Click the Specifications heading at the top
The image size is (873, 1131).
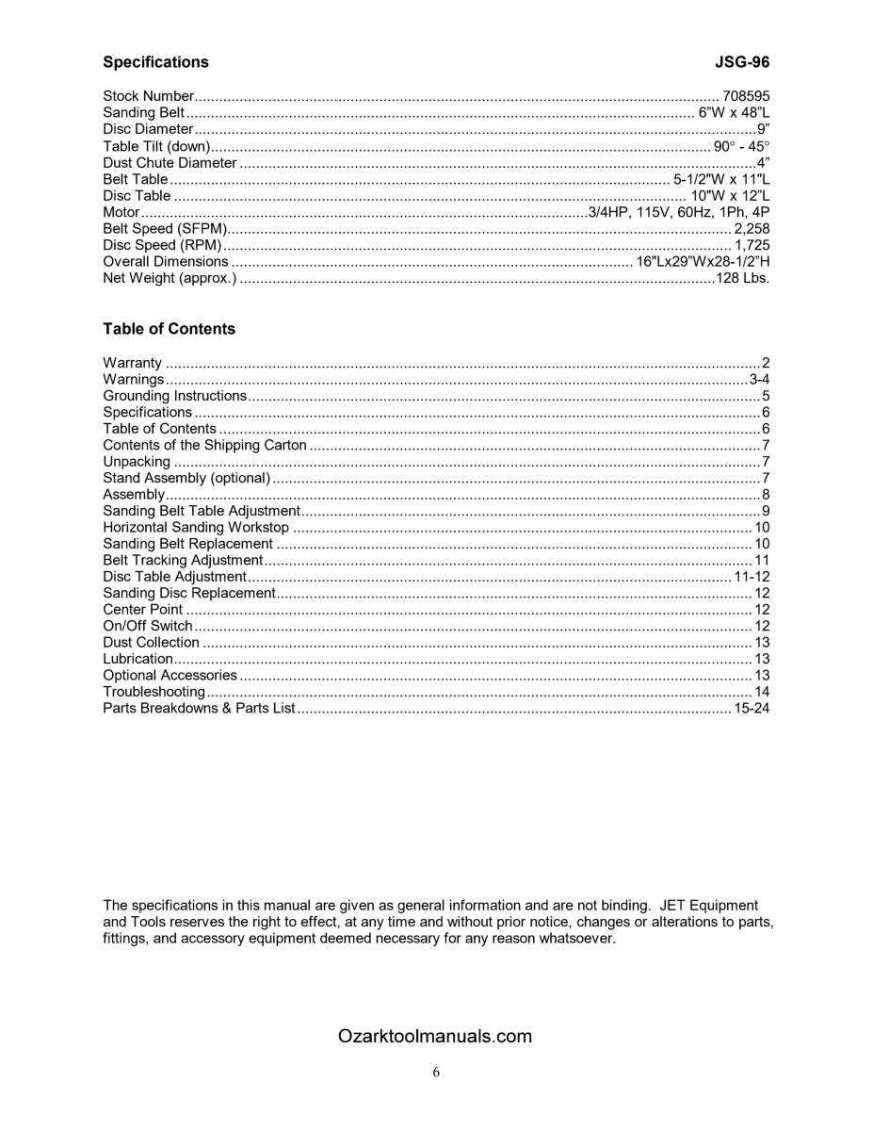pos(155,62)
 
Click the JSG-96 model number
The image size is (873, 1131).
pos(742,62)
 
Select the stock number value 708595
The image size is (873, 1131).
pos(746,96)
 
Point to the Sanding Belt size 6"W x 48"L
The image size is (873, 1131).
pos(734,112)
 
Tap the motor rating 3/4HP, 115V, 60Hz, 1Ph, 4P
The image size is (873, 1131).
pos(679,212)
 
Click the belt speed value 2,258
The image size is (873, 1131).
pos(752,229)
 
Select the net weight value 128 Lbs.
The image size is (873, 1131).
pos(742,278)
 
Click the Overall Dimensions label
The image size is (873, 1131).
pos(166,261)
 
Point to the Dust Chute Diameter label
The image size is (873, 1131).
pos(170,162)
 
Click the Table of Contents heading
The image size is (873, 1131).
pos(169,329)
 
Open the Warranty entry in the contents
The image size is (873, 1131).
pos(132,363)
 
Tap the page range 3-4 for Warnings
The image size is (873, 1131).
pos(760,379)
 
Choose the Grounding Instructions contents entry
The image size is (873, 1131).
pos(174,396)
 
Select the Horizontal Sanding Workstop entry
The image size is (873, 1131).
pos(196,527)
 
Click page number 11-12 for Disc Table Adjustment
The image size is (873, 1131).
pos(752,577)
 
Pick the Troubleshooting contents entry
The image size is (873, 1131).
pos(154,692)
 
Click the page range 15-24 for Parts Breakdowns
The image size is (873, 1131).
pos(752,708)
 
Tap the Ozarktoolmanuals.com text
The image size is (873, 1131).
pos(434,1037)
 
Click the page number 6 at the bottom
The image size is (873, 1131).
pos(436,1072)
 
